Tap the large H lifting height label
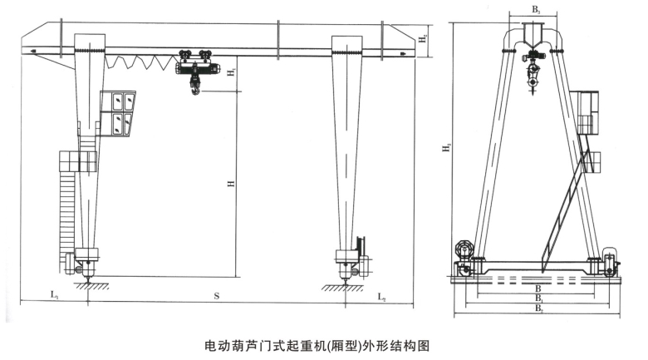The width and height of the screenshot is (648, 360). (x=227, y=184)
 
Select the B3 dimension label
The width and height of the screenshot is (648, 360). (x=537, y=10)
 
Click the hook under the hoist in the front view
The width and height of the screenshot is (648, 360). (x=194, y=86)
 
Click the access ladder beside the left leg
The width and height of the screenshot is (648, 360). (x=68, y=208)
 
